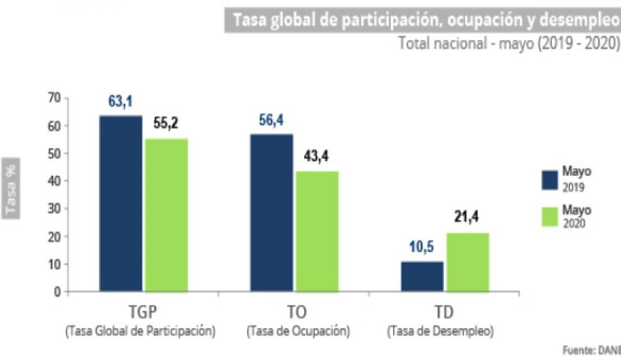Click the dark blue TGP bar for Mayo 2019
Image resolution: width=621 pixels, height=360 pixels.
(x=121, y=203)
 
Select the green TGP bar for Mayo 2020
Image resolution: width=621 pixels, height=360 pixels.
(x=167, y=215)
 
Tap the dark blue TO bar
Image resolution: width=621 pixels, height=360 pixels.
(x=271, y=212)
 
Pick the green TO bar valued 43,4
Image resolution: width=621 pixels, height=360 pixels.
(x=317, y=231)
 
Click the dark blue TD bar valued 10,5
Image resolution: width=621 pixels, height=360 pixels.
(x=422, y=276)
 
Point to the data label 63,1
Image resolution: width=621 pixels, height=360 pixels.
(x=121, y=102)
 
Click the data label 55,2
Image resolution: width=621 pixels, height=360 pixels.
(x=166, y=124)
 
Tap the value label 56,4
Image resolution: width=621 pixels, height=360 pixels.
(x=271, y=121)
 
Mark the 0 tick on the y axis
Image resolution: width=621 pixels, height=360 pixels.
(x=57, y=292)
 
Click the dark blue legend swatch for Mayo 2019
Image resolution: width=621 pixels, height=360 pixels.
(x=550, y=179)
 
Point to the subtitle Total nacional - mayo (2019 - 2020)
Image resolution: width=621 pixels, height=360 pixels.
(x=509, y=43)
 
